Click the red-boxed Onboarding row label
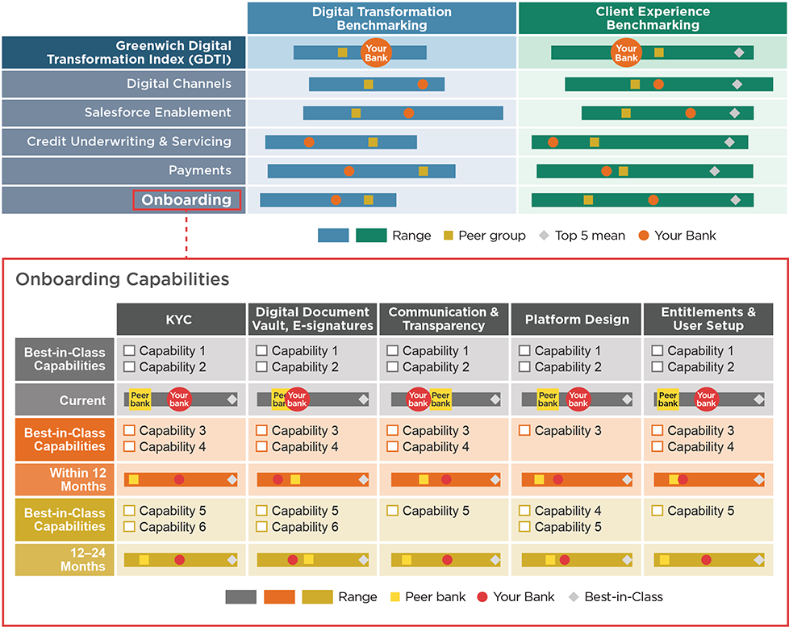(x=186, y=199)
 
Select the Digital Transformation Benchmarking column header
(x=382, y=19)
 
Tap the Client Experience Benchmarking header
(x=653, y=19)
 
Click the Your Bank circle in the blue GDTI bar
(x=375, y=52)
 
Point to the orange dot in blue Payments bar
(x=349, y=171)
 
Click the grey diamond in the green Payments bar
(x=714, y=171)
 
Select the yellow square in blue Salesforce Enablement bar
(x=356, y=113)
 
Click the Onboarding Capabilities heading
(x=123, y=279)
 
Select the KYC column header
(x=181, y=319)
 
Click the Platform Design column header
(x=577, y=319)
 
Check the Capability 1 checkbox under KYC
(x=129, y=351)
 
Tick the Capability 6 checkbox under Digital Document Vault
(x=261, y=527)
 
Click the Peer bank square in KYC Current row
(x=140, y=399)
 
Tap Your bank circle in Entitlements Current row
(x=706, y=399)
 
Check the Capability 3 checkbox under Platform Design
(x=524, y=431)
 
